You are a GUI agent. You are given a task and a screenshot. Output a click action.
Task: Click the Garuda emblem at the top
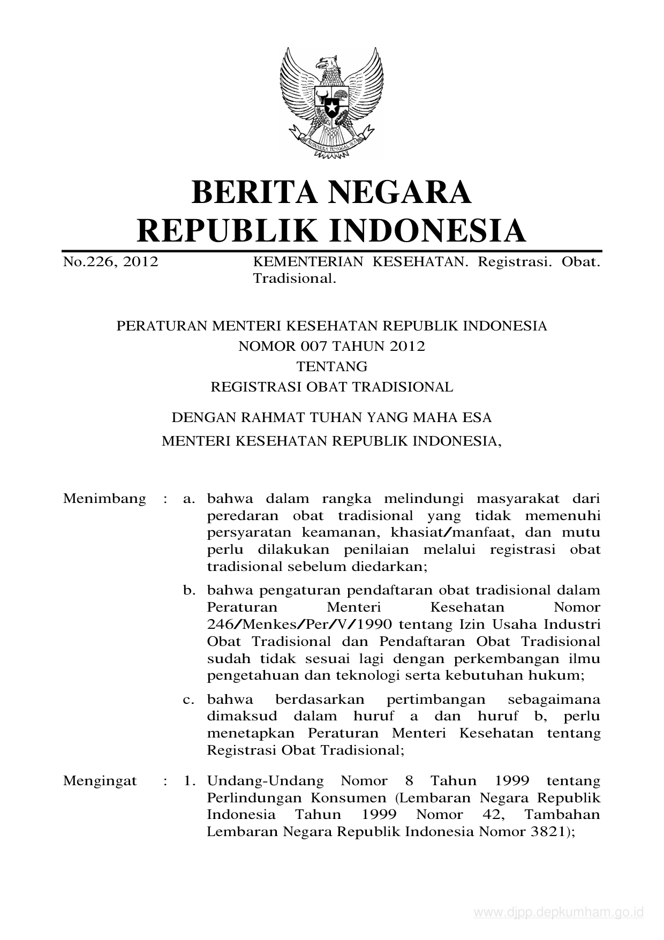(x=331, y=103)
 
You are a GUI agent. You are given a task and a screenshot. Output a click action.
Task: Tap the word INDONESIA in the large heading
(x=426, y=230)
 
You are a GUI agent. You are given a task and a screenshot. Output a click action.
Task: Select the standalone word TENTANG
(x=332, y=366)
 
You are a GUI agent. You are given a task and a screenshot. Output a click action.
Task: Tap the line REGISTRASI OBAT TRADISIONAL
(x=332, y=387)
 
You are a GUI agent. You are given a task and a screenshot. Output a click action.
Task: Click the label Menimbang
(x=104, y=499)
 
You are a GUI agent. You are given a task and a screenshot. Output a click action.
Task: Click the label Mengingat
(x=100, y=780)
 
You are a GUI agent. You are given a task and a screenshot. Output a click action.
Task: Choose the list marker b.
(x=188, y=590)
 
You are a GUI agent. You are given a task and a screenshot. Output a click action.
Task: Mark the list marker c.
(x=188, y=700)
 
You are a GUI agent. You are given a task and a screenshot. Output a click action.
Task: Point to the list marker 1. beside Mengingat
(x=188, y=780)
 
